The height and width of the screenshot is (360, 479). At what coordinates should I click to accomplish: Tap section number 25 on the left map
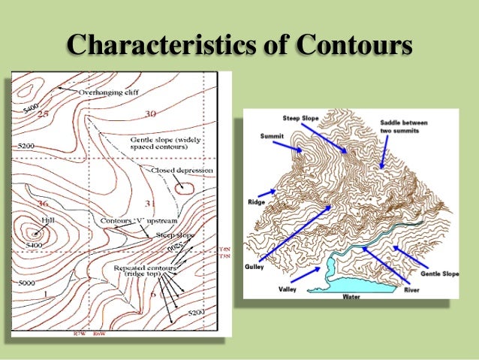point(44,113)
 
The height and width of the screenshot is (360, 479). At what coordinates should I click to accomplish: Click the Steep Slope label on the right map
point(300,119)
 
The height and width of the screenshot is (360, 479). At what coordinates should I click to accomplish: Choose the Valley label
point(288,289)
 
